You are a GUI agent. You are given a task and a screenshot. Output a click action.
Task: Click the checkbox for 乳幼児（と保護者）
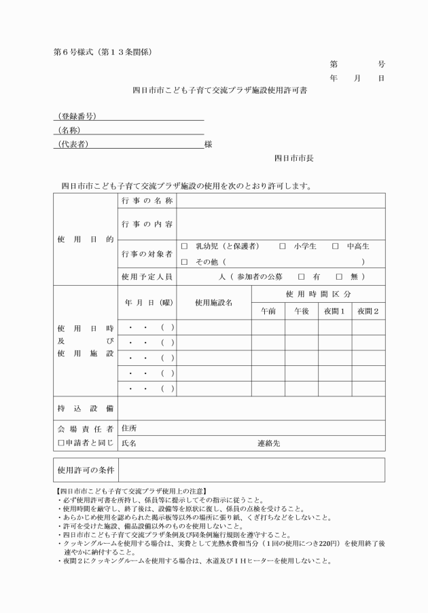184,246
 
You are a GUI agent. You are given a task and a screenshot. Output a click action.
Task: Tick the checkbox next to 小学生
282,246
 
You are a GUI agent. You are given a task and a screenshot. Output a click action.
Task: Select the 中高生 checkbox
335,246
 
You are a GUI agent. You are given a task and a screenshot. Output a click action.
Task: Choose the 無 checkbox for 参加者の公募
338,277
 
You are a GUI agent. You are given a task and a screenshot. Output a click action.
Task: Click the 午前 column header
268,311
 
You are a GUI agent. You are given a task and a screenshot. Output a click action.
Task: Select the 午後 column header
301,311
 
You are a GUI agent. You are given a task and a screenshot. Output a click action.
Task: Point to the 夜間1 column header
334,311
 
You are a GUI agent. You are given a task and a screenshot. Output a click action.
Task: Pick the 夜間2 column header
368,311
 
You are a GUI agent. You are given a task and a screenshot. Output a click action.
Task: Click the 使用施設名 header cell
213,303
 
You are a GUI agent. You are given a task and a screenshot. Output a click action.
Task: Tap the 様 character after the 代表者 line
208,145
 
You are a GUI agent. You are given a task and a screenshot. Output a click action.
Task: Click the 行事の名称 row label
147,201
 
